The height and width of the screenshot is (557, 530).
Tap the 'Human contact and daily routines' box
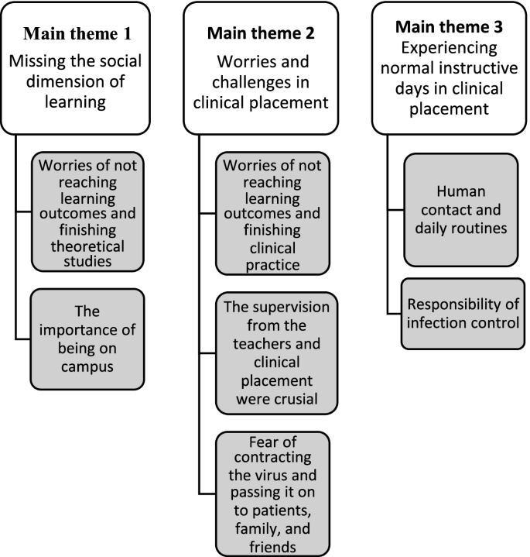(460, 210)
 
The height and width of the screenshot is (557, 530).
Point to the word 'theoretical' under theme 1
(88, 246)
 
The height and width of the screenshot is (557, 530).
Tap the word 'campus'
(88, 366)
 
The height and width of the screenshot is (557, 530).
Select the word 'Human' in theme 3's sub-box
(460, 191)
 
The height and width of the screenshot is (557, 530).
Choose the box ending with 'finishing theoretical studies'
(88, 213)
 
